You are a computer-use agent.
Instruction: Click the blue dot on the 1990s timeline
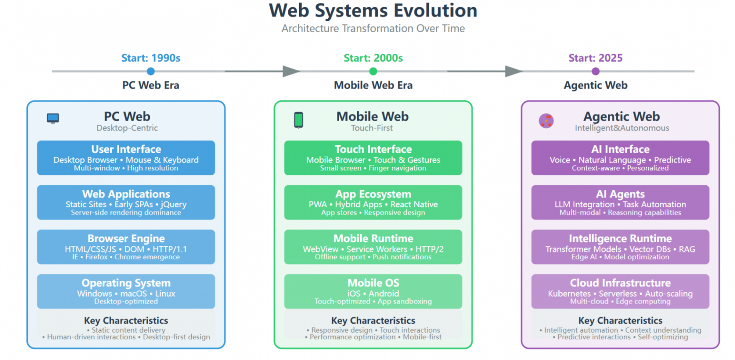pyautogui.click(x=150, y=72)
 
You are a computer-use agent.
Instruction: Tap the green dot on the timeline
pyautogui.click(x=373, y=72)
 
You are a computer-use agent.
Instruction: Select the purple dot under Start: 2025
pyautogui.click(x=596, y=72)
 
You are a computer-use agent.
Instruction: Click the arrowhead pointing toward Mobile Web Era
pyautogui.click(x=291, y=72)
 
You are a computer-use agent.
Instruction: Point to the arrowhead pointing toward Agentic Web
pyautogui.click(x=513, y=72)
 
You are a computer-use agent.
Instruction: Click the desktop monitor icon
pyautogui.click(x=53, y=119)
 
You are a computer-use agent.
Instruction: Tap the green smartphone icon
pyautogui.click(x=298, y=120)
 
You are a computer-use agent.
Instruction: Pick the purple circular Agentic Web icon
pyautogui.click(x=546, y=121)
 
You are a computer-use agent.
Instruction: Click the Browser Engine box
pyautogui.click(x=126, y=247)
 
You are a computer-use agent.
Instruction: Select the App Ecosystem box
pyautogui.click(x=373, y=202)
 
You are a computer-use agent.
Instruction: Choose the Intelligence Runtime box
pyautogui.click(x=620, y=247)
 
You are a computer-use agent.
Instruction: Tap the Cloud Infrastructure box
pyautogui.click(x=620, y=291)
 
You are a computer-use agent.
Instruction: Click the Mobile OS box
pyautogui.click(x=373, y=291)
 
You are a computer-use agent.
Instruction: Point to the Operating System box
pyautogui.click(x=126, y=291)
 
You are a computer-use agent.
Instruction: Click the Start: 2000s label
pyautogui.click(x=373, y=58)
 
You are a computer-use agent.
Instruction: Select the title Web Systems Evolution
pyautogui.click(x=373, y=10)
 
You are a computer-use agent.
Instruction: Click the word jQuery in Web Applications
pyautogui.click(x=173, y=205)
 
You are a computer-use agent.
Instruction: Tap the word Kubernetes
pyautogui.click(x=570, y=294)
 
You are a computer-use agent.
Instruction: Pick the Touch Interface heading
pyautogui.click(x=373, y=149)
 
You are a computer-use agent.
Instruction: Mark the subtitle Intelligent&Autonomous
pyautogui.click(x=621, y=128)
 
